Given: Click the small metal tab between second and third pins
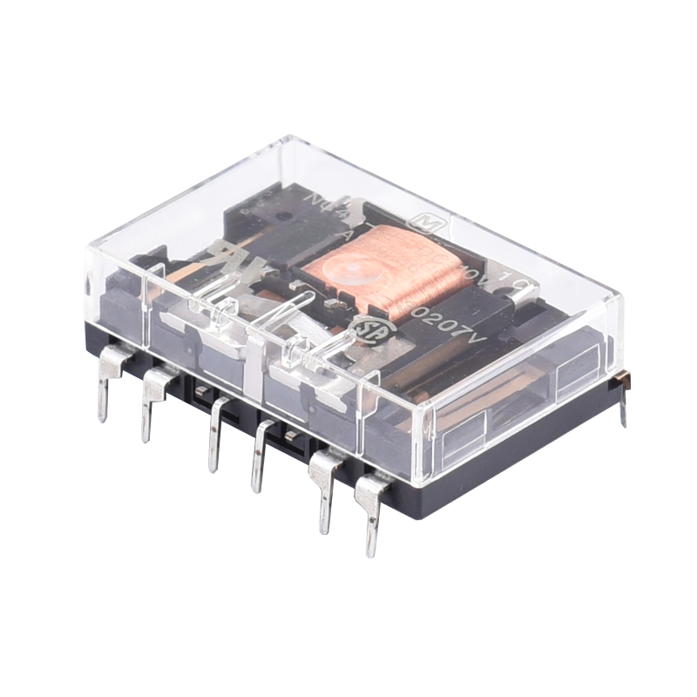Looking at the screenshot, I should pos(199,393).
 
